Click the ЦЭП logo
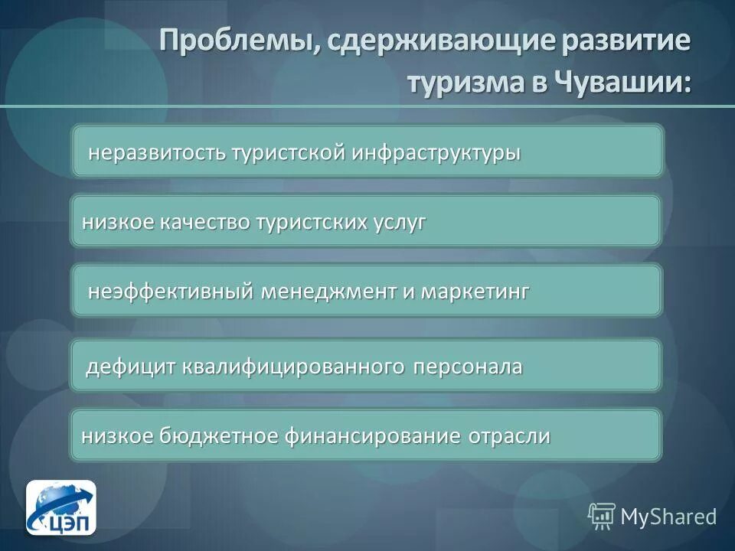[61, 508]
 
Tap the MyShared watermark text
[668, 517]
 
